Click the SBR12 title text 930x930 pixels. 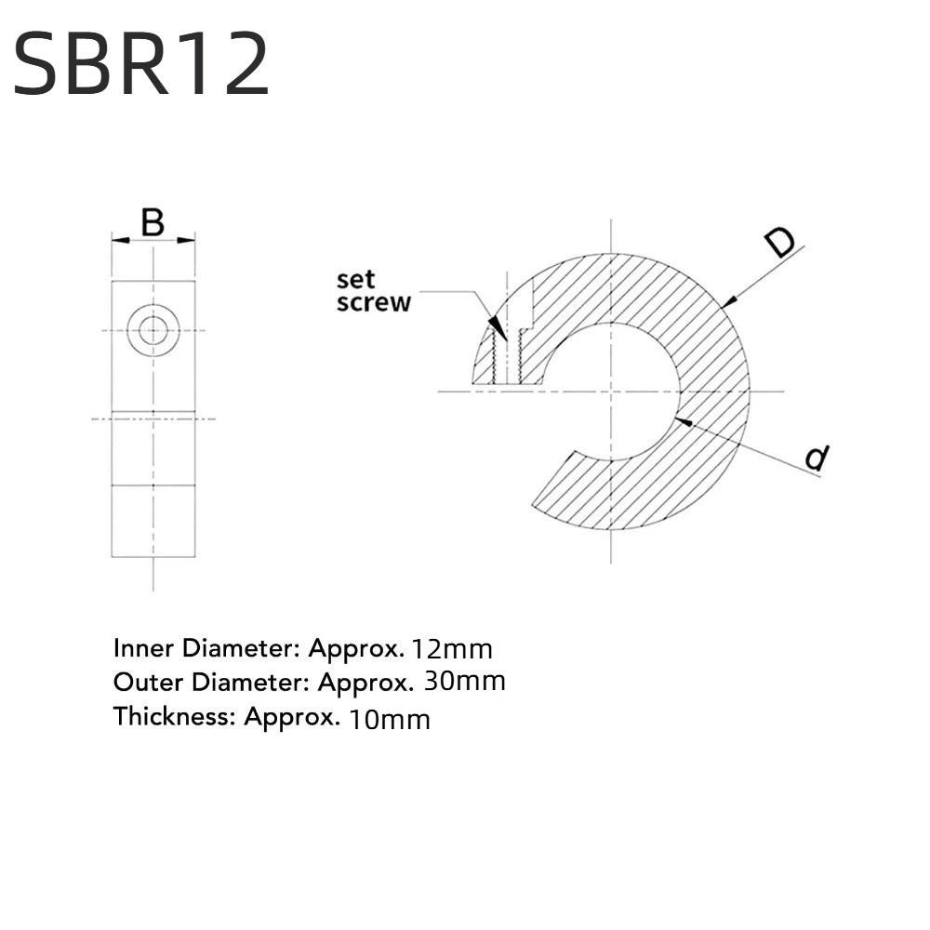(x=141, y=62)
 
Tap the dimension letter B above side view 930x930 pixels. (x=153, y=223)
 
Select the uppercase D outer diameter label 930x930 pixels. (x=779, y=243)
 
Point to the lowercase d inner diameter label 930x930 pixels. (x=816, y=458)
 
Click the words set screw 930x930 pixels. (x=373, y=291)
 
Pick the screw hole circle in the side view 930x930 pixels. (x=153, y=329)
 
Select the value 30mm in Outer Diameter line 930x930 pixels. (x=464, y=682)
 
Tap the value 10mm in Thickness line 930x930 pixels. (x=389, y=718)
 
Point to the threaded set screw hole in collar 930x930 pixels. (x=508, y=358)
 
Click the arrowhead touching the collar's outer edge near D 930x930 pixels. (x=728, y=301)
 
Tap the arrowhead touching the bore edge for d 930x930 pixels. (x=683, y=421)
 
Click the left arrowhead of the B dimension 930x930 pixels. (x=118, y=241)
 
